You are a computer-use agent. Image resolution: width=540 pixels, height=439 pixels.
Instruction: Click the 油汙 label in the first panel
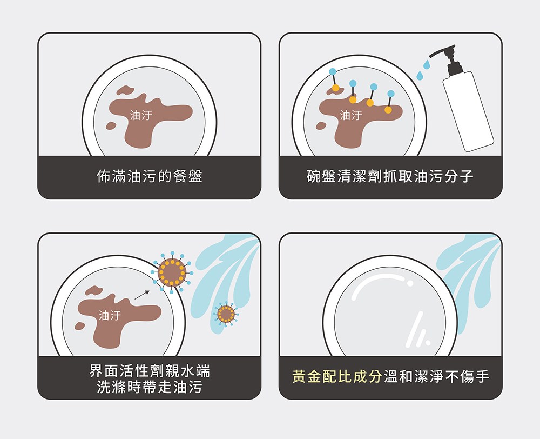(141, 115)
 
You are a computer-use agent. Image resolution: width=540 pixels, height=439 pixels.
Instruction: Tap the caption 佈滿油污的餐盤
(150, 176)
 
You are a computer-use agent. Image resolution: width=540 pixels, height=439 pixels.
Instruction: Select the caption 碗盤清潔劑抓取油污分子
(390, 176)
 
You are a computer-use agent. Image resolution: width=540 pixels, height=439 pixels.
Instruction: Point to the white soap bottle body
(468, 111)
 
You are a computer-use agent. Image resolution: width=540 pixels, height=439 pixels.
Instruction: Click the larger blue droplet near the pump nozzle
(427, 64)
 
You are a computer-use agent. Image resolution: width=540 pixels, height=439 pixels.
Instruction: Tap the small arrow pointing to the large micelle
(142, 295)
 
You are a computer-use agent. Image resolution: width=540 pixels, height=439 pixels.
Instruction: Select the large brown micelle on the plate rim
(172, 273)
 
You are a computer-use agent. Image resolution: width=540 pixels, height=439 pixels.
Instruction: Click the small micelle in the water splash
(226, 314)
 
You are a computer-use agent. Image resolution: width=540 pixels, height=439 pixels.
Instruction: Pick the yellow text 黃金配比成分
(337, 376)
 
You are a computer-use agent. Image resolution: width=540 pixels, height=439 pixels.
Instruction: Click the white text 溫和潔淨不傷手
(436, 376)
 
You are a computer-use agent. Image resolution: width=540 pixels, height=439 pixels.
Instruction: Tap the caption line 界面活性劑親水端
(150, 371)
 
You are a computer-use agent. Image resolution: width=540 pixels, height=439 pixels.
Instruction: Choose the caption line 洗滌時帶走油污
(150, 387)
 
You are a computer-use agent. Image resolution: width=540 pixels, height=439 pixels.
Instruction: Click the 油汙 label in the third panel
(110, 315)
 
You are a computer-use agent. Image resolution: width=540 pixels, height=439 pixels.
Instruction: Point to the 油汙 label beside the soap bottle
(351, 115)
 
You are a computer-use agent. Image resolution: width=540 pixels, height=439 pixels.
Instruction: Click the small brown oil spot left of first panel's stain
(111, 125)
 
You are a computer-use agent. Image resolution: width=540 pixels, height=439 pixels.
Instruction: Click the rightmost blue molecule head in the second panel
(391, 94)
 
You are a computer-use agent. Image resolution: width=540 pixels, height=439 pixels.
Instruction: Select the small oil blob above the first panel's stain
(125, 90)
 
